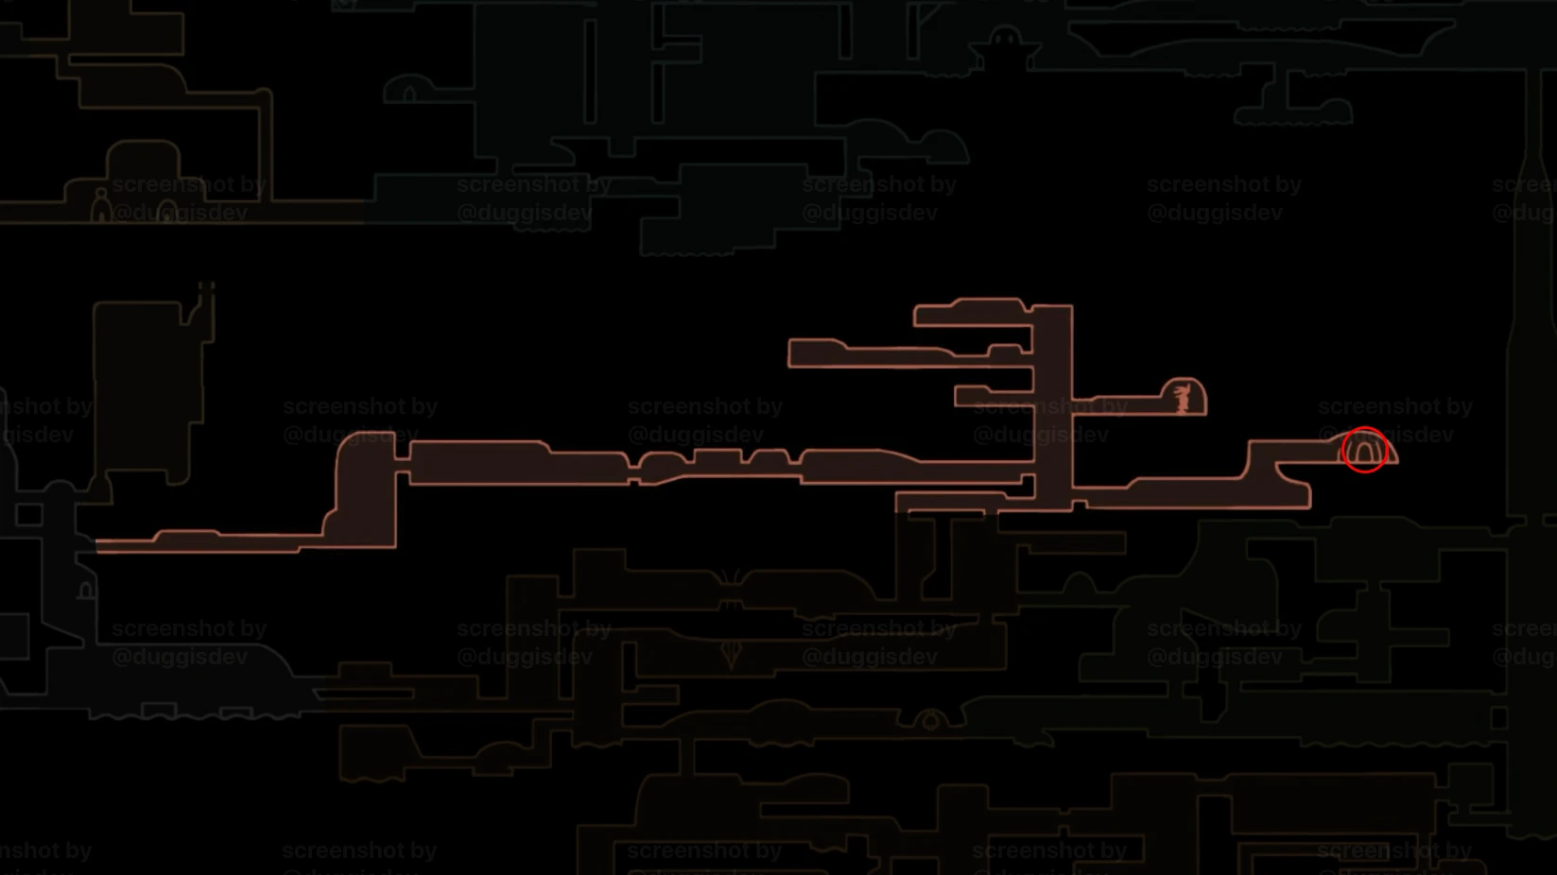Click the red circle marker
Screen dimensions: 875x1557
pos(1364,450)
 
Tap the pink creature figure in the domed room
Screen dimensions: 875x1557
pos(1182,398)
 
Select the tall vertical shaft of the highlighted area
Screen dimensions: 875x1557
pos(1052,406)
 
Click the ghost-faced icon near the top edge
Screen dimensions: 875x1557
pos(1004,40)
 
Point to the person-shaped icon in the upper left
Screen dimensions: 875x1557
pos(100,205)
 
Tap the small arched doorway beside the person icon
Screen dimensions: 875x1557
pos(167,211)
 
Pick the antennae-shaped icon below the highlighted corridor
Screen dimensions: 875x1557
pos(730,577)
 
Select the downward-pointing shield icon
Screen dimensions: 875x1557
pos(731,653)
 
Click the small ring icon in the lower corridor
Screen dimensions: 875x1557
pos(931,721)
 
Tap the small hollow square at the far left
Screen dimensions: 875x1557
pos(28,515)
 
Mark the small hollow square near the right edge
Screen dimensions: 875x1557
pos(1499,718)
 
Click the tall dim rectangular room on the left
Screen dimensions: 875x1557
pos(147,387)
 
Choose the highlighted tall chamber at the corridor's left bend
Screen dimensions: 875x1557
pos(366,491)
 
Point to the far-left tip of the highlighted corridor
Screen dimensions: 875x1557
pos(99,546)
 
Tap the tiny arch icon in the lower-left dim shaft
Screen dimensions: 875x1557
pos(86,592)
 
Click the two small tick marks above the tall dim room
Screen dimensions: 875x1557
pos(206,286)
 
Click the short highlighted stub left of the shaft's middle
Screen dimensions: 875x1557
pos(993,395)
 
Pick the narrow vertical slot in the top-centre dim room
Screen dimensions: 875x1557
pos(591,71)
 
